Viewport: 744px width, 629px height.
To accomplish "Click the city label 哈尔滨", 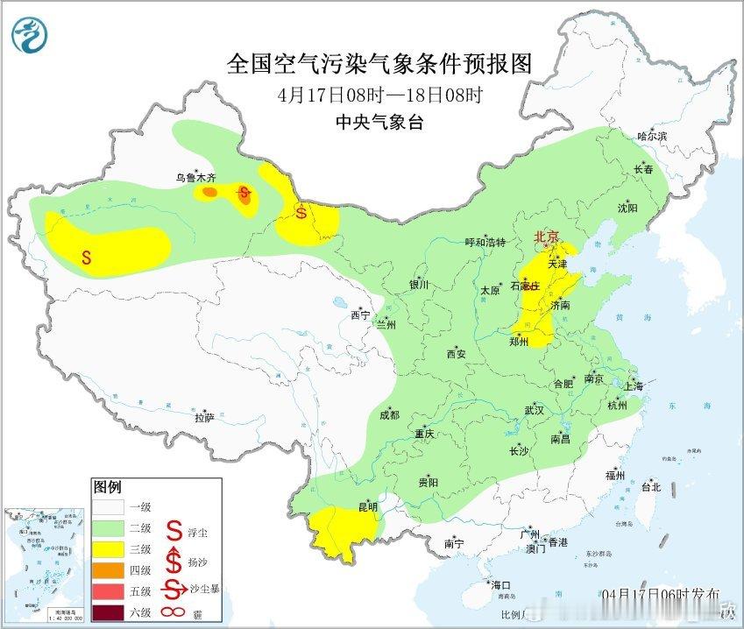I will click(x=652, y=136).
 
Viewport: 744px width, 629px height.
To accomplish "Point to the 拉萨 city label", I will click(x=204, y=418).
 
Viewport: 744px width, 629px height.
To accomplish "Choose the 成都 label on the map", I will click(x=390, y=414).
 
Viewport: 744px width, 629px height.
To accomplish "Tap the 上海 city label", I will click(x=633, y=386).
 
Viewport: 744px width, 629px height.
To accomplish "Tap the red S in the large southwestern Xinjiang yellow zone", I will click(x=86, y=258).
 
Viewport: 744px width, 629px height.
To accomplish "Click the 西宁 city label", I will click(x=359, y=314).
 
